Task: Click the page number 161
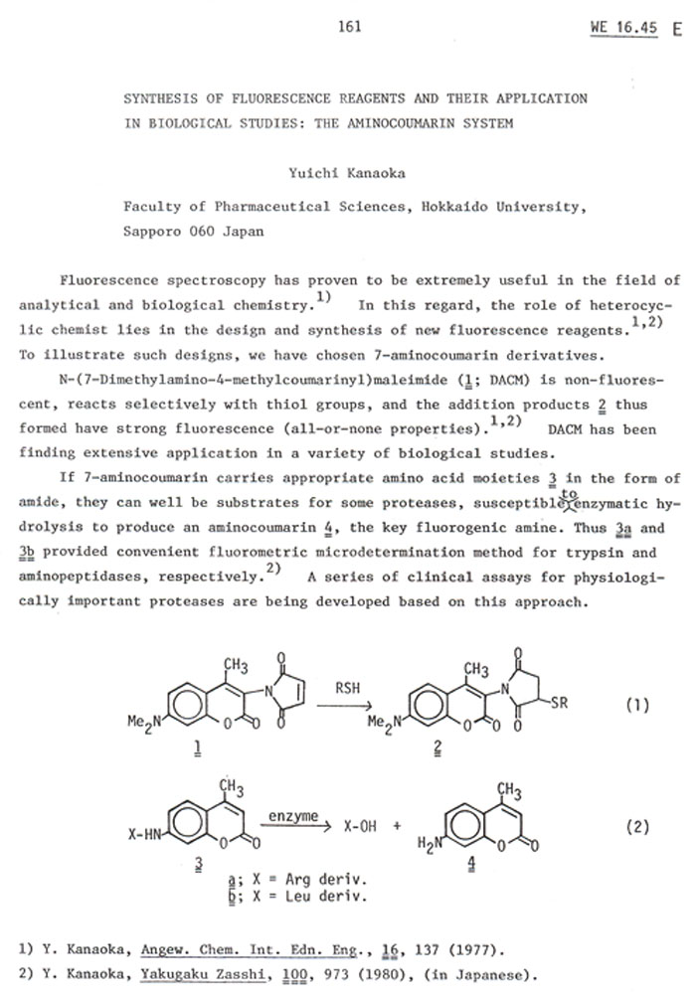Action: tap(349, 26)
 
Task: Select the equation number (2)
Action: tap(636, 826)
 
